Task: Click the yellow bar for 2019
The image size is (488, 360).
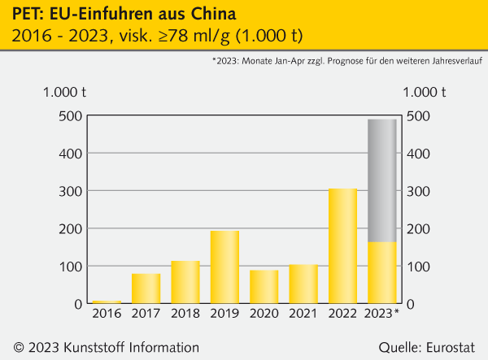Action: [224, 267]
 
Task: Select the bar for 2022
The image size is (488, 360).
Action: [342, 246]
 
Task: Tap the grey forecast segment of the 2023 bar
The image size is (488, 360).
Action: [382, 180]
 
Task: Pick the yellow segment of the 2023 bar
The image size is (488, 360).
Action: [382, 273]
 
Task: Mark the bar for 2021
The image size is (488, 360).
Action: [303, 284]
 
